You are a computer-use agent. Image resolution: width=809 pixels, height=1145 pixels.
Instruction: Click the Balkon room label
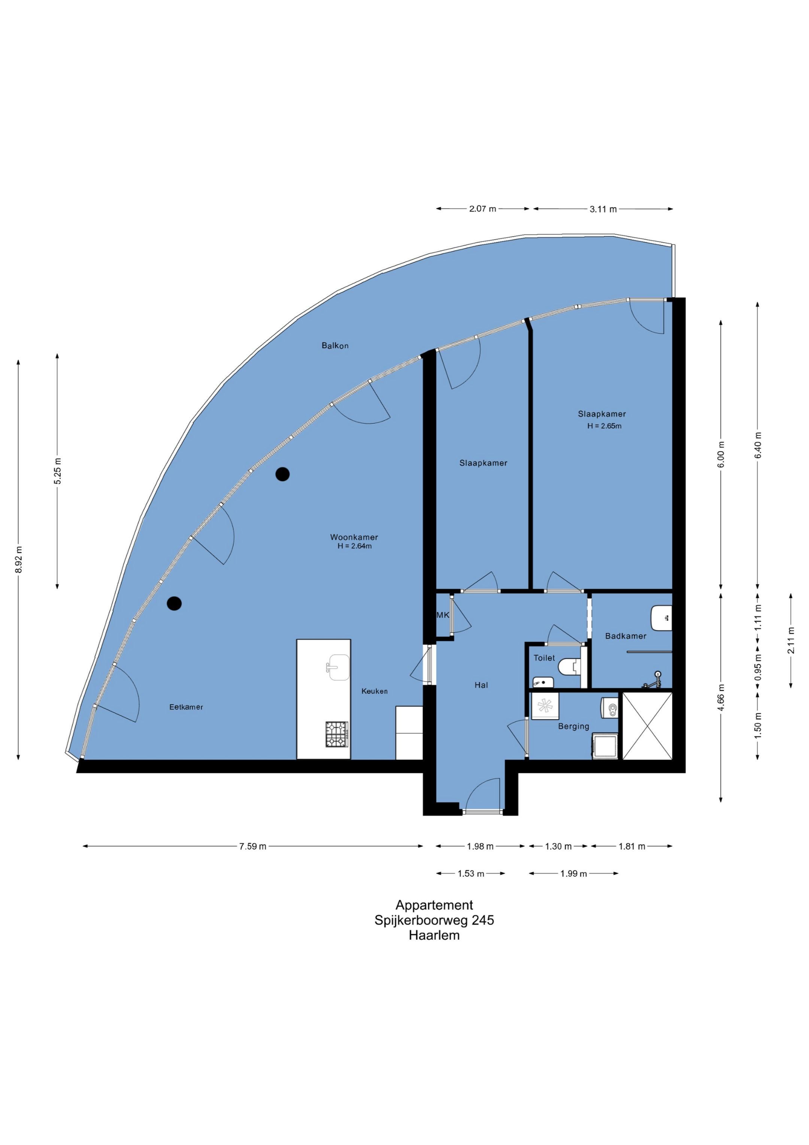coord(335,346)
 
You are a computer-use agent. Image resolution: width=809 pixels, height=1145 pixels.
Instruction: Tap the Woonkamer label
coord(354,537)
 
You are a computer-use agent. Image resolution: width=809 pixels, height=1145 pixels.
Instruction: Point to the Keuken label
coord(374,691)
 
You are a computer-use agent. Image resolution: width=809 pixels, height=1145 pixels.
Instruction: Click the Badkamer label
coord(625,636)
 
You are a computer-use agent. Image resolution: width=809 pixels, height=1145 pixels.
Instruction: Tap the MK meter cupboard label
coord(443,615)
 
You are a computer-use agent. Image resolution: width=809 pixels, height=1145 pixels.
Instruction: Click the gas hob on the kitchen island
coord(337,735)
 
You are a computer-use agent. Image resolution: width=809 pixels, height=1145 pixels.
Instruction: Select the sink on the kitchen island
coord(339,667)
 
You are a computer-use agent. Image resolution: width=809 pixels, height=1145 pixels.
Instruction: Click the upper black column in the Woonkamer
coord(283,474)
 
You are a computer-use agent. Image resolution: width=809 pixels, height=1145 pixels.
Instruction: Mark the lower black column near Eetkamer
coord(174,603)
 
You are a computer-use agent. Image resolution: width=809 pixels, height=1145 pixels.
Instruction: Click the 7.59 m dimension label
coord(253,846)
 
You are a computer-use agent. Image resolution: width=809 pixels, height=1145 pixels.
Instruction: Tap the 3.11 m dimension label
coord(603,210)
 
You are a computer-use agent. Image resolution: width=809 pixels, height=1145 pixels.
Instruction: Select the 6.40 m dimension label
coord(758,445)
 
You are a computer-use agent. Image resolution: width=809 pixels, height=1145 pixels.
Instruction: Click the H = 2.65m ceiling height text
coord(604,426)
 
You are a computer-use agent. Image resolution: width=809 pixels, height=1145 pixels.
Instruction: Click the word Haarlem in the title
coord(434,935)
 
